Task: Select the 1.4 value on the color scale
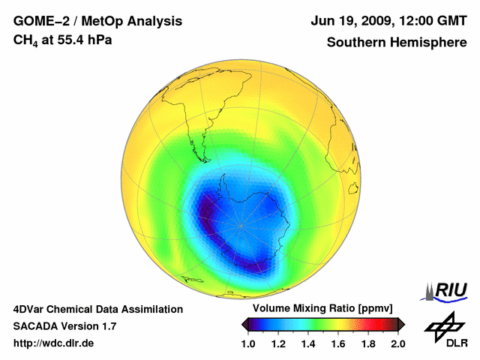pos(307,343)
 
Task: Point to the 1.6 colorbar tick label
pos(337,343)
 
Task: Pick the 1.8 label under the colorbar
pos(367,343)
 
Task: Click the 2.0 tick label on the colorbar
pos(397,343)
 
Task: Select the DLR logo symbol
pos(442,325)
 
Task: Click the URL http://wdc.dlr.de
pos(54,343)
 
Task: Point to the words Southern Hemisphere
pos(396,42)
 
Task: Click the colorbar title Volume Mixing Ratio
pos(307,309)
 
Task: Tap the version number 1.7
pos(107,326)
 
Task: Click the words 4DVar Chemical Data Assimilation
pos(97,309)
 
